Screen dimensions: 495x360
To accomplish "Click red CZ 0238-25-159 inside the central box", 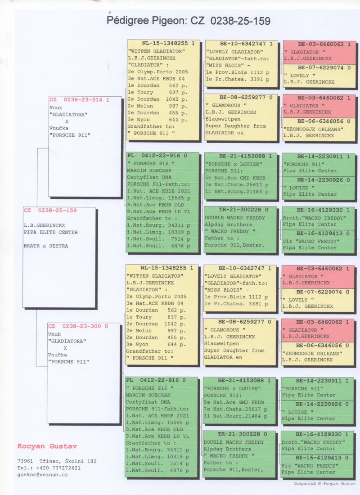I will (50, 210).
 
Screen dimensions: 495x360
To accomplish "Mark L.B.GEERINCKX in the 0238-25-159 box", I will (44, 225).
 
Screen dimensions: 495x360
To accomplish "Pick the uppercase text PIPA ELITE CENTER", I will (51, 232).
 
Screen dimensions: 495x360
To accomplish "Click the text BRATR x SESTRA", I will (45, 246).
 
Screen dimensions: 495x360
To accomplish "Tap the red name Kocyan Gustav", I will (47, 446).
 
